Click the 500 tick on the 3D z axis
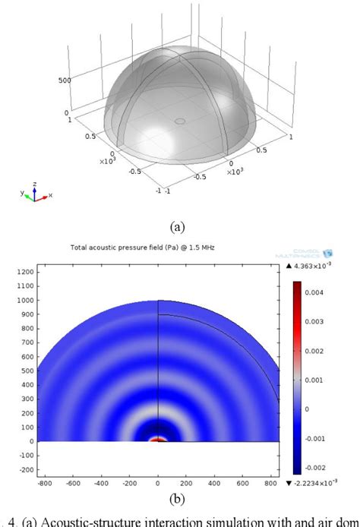coord(65,80)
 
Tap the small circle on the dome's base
coord(180,120)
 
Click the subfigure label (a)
coord(179,226)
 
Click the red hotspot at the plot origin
coord(158,439)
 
